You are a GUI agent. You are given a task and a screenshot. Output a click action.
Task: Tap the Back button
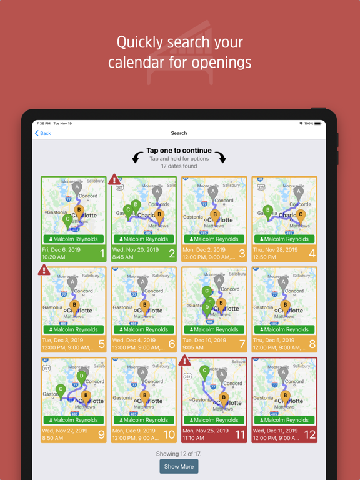[43, 133]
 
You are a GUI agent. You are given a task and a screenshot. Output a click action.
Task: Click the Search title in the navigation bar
[179, 133]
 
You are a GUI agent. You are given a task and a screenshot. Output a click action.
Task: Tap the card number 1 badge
[102, 254]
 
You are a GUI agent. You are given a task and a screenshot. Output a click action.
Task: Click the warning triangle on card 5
[44, 270]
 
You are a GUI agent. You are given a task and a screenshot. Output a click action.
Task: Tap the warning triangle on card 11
[184, 361]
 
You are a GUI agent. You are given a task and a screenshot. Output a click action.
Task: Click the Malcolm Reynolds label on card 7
[214, 330]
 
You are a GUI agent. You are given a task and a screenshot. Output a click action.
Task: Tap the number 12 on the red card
[310, 434]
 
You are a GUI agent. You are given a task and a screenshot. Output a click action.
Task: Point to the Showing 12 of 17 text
[179, 454]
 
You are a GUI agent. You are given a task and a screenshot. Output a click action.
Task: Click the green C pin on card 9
[61, 389]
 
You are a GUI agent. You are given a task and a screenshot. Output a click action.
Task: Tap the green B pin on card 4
[268, 211]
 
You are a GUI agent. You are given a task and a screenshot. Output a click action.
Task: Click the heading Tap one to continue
[179, 151]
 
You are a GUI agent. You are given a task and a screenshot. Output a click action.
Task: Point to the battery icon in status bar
[318, 124]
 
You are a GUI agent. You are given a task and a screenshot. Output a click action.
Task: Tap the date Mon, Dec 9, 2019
[134, 431]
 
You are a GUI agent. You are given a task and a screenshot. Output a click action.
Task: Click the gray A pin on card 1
[77, 187]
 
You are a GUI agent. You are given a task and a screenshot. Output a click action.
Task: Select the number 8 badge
[312, 344]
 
